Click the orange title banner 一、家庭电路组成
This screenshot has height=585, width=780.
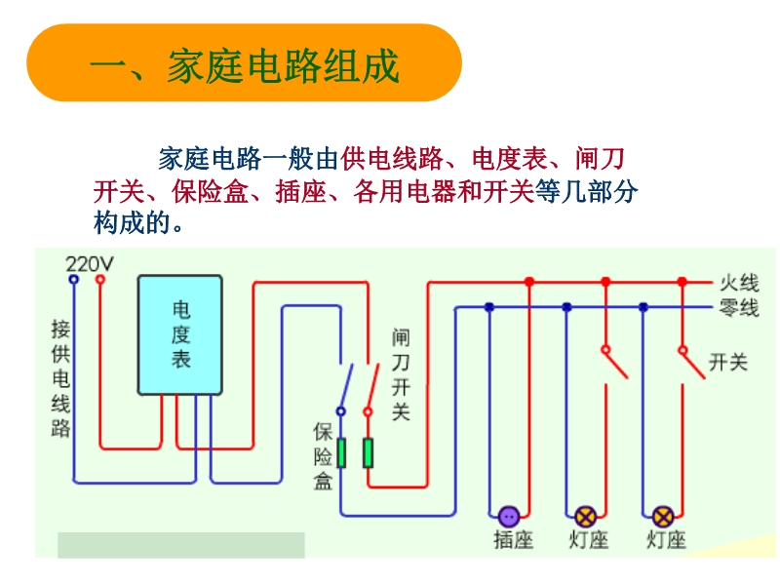(x=244, y=63)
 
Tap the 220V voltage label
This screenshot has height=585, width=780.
(x=89, y=263)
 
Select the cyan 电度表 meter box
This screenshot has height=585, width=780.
(x=180, y=334)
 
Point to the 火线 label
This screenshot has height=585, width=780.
(x=738, y=284)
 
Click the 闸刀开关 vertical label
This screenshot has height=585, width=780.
(x=401, y=374)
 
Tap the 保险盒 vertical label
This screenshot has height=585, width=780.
(x=324, y=455)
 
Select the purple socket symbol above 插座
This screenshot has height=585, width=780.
(x=508, y=516)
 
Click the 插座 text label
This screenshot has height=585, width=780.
(x=513, y=539)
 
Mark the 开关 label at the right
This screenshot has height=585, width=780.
(x=727, y=363)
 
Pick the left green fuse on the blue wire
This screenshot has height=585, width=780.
(x=341, y=452)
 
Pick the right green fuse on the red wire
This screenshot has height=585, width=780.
(x=368, y=452)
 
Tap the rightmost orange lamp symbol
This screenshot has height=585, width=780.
(x=663, y=516)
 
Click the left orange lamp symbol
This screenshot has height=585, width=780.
(x=586, y=516)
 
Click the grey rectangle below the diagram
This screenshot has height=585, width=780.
(x=181, y=545)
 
